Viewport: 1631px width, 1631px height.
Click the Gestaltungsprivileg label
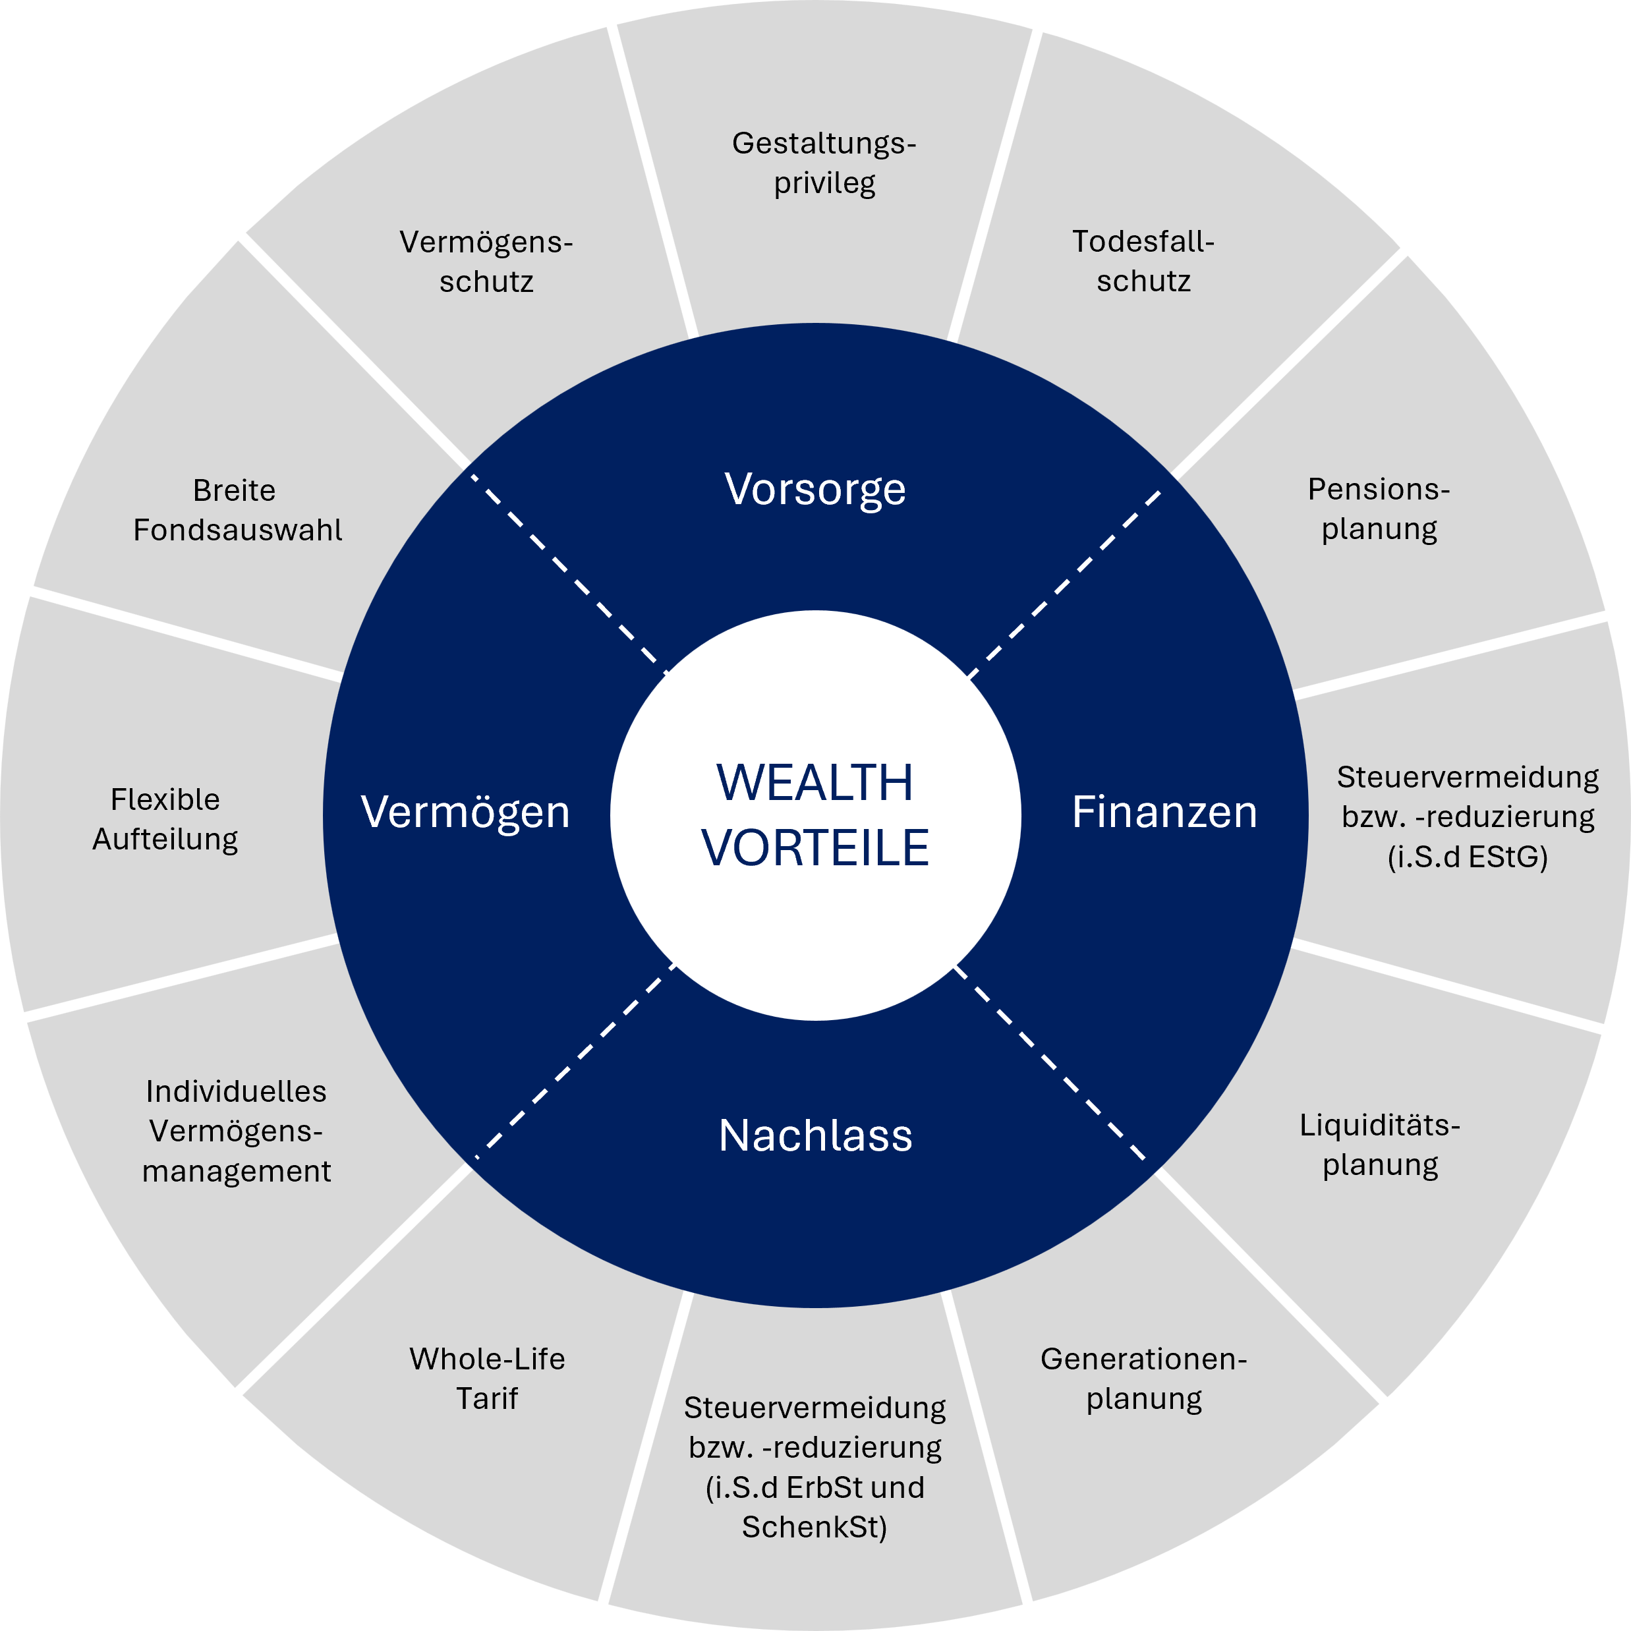pyautogui.click(x=824, y=163)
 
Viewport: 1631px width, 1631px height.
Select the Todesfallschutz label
pyautogui.click(x=1143, y=261)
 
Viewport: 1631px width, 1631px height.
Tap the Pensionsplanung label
pyautogui.click(x=1379, y=508)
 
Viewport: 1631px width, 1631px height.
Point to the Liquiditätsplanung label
pyautogui.click(x=1379, y=1145)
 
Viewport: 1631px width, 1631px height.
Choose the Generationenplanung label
pyautogui.click(x=1143, y=1379)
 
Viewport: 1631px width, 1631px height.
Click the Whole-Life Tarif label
pyautogui.click(x=487, y=1379)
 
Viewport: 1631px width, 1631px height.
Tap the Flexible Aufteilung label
pyautogui.click(x=165, y=819)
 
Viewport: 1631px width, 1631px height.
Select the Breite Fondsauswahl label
pyautogui.click(x=237, y=510)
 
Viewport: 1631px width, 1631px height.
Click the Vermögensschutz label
pyautogui.click(x=486, y=262)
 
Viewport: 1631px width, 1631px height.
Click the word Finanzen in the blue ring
pyautogui.click(x=1164, y=812)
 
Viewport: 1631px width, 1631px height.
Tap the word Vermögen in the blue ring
pyautogui.click(x=465, y=812)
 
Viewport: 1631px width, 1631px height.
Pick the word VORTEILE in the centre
pyautogui.click(x=815, y=847)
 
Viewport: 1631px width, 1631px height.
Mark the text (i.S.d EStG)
pyautogui.click(x=1467, y=857)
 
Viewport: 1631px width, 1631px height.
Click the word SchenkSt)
pyautogui.click(x=815, y=1527)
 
